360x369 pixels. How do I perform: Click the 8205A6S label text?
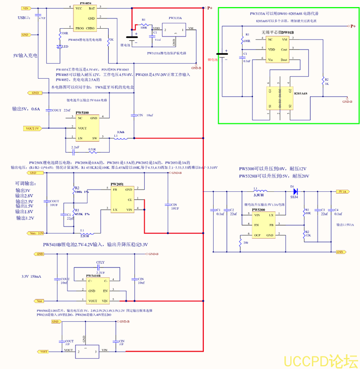click(x=300, y=93)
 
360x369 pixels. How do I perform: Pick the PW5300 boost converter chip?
click(x=258, y=223)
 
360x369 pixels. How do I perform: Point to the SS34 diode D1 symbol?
click(x=294, y=192)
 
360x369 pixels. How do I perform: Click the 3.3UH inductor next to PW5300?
click(x=259, y=192)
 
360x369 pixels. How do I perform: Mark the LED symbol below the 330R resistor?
click(x=61, y=47)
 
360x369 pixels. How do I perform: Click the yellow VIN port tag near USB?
click(x=26, y=9)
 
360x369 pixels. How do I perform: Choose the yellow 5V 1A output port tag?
click(x=342, y=192)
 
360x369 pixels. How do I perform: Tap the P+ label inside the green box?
click(x=352, y=26)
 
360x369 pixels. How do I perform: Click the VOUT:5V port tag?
click(x=32, y=128)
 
